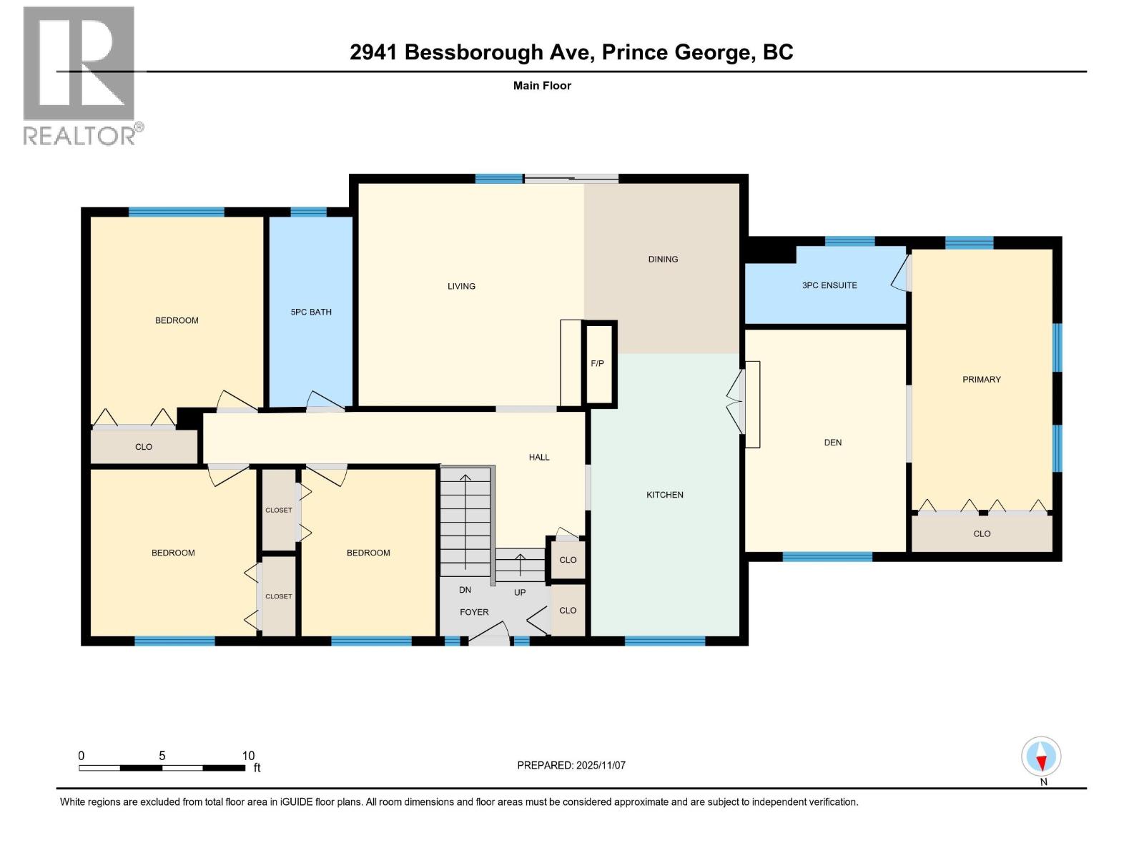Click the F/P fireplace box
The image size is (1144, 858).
point(599,364)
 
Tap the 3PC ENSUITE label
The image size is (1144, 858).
point(829,285)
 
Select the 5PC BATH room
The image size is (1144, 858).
point(311,312)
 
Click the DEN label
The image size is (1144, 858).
point(833,443)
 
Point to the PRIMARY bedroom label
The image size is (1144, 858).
point(982,380)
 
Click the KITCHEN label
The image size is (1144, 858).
point(665,495)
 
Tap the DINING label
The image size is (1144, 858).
point(663,260)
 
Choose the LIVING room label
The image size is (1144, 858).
point(461,286)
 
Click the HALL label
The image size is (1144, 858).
point(539,457)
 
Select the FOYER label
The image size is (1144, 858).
point(474,612)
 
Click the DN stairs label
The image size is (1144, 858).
point(465,590)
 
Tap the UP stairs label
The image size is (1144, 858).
point(520,592)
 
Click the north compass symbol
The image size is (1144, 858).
point(1042,757)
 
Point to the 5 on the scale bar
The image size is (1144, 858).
point(162,756)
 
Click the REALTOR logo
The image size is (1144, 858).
point(80,75)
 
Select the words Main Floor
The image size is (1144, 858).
point(542,86)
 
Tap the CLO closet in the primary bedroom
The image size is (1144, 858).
point(982,534)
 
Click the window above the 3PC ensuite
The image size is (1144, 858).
point(849,241)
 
